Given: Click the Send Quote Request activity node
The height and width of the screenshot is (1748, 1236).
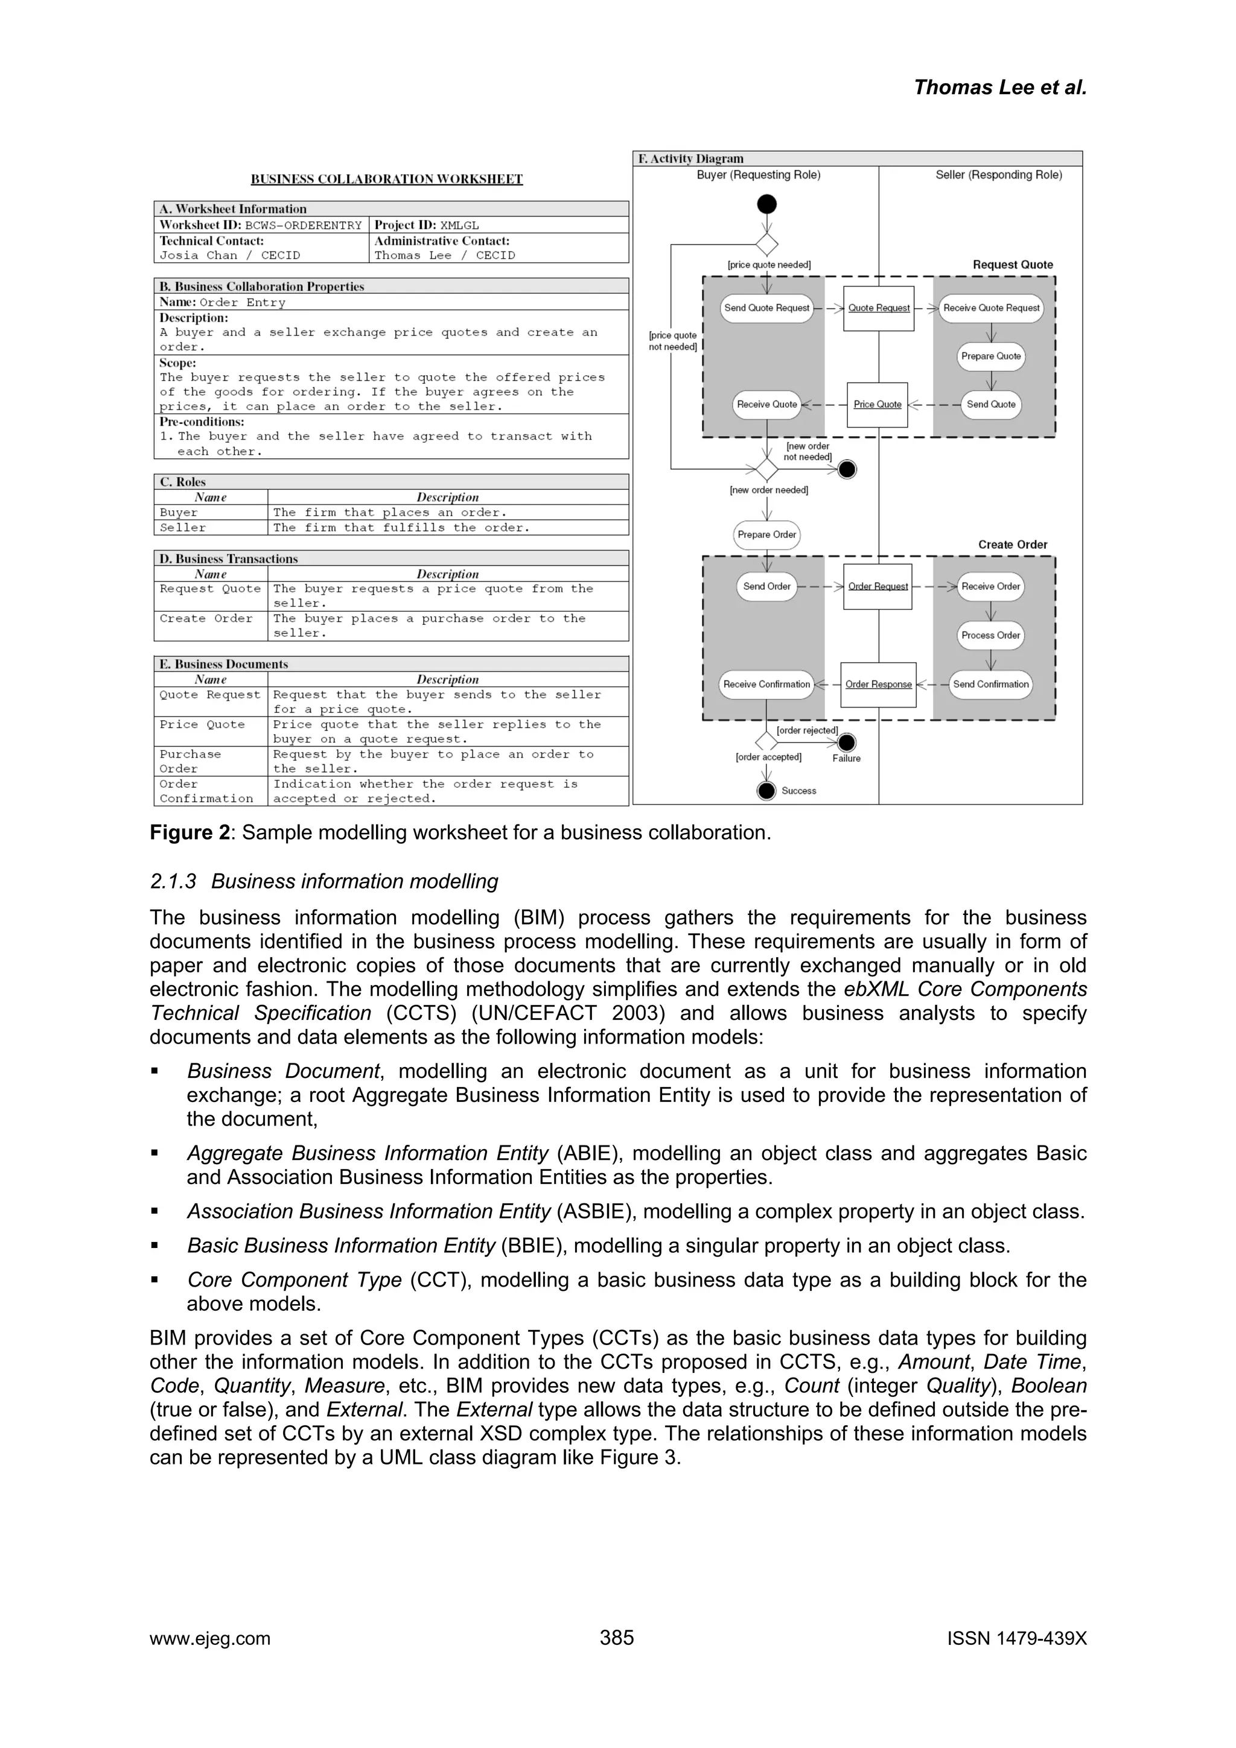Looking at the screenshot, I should [766, 308].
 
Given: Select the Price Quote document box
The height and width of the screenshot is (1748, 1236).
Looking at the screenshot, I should [878, 405].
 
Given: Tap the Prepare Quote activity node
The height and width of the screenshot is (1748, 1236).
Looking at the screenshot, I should [991, 356].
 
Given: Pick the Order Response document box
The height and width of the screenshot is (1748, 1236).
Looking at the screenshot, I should [878, 685].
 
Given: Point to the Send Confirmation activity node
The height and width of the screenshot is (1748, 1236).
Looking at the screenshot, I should [991, 685].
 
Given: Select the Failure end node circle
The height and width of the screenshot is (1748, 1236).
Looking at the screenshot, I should [846, 743].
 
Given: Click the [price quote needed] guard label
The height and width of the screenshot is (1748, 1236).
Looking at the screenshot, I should [769, 265].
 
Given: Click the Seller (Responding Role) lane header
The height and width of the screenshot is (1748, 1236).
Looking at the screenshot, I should [998, 175].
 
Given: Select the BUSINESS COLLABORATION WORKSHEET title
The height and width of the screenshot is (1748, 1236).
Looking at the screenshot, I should [387, 180].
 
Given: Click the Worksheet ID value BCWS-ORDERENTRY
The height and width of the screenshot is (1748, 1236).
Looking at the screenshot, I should [303, 226].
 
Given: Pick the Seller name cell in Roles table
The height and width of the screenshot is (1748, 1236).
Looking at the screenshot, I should [183, 528].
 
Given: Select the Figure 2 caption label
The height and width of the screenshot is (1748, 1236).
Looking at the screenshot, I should [190, 833].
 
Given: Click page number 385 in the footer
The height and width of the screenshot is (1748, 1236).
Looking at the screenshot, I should [617, 1638].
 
